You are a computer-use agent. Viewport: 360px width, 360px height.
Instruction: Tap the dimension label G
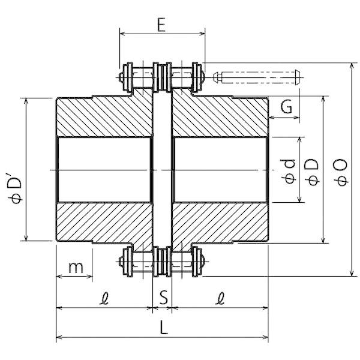pos(286,107)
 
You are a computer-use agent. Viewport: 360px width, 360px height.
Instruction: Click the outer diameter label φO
pos(340,170)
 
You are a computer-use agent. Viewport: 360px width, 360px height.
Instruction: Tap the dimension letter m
pos(75,266)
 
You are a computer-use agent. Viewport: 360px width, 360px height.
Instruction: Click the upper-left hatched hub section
pos(102,117)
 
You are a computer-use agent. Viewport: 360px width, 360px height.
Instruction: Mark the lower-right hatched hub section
pos(219,222)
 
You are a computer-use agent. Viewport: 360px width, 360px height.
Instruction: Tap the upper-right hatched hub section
pos(219,117)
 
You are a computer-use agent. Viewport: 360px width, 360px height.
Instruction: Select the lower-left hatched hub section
pos(102,222)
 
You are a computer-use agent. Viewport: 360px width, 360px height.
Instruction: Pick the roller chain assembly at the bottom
pos(161,262)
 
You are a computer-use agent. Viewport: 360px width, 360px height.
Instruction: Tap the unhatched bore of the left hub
pos(102,170)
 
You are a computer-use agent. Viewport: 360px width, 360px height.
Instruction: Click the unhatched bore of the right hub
pos(219,170)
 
